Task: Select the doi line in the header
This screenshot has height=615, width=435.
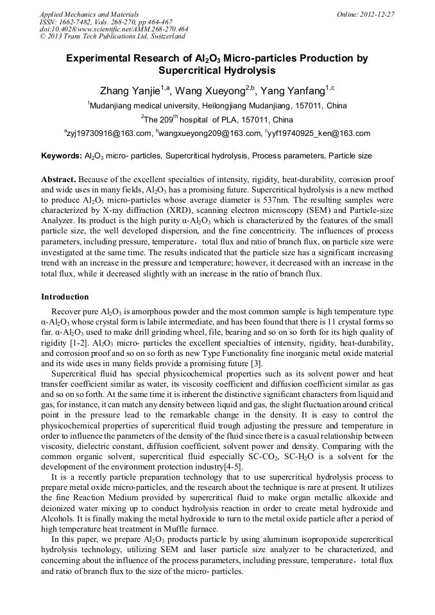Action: pyautogui.click(x=114, y=29)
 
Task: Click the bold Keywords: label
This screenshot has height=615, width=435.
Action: pyautogui.click(x=62, y=156)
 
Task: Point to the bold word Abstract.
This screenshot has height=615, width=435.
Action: pyautogui.click(x=58, y=180)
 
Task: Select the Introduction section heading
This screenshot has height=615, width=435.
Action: pyautogui.click(x=65, y=297)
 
